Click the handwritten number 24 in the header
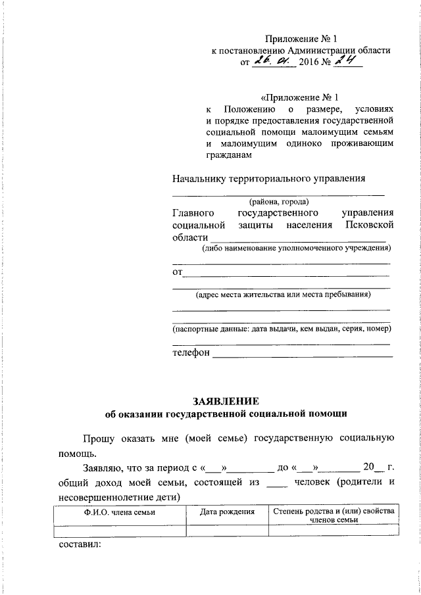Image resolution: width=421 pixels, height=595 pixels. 347,62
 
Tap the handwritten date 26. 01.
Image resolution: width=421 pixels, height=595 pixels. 275,62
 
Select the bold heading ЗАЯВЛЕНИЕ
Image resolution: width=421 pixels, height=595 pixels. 226,401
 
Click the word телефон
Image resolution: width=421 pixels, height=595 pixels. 191,352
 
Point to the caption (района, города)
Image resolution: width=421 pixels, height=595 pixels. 278,202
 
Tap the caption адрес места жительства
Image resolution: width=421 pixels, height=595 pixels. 283,295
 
